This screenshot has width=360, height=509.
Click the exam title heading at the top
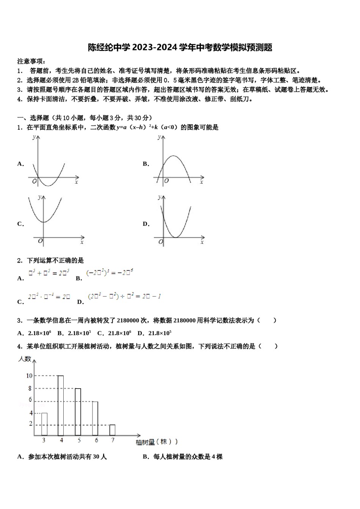180,47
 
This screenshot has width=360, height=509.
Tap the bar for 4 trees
61,405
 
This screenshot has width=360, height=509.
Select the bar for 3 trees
44,424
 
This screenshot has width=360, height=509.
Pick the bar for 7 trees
112,430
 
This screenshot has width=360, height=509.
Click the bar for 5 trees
78,412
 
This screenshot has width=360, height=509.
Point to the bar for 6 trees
95,418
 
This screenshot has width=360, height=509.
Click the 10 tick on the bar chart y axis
29,376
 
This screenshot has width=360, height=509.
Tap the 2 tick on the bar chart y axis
31,424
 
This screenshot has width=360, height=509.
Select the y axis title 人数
25,358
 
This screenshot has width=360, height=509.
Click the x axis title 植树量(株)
156,442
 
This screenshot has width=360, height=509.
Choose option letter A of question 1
20,164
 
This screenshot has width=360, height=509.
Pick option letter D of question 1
146,224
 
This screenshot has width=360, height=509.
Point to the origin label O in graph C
40,241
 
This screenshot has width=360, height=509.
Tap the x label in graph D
202,242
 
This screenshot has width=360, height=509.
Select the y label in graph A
34,137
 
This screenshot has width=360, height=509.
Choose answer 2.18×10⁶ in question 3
39,333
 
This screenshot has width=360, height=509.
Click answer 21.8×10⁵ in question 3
160,333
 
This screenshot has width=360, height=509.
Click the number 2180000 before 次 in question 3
128,320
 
